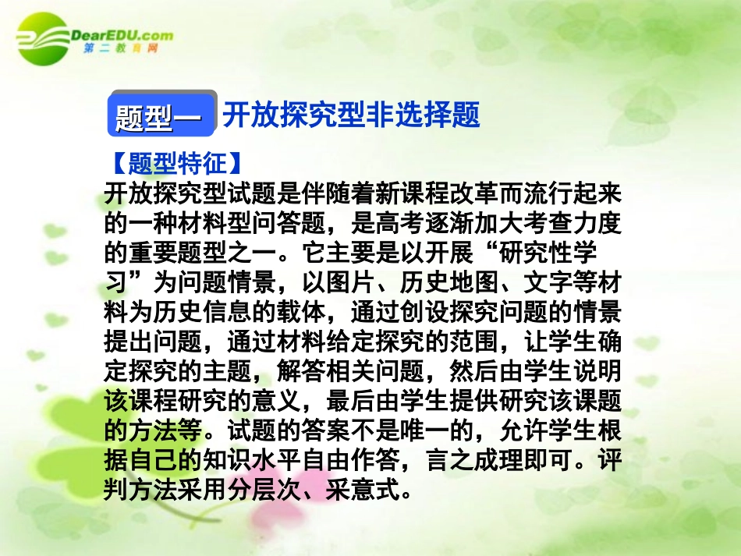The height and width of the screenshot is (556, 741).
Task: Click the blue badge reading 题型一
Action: click(159, 117)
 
